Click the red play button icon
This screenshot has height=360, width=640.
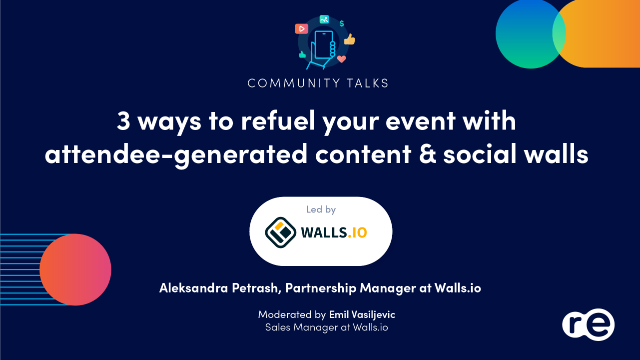coord(301,29)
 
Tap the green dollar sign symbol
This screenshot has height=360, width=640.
coord(342,23)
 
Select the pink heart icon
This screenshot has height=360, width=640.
coord(342,59)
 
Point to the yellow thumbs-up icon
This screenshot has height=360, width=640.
coord(350,39)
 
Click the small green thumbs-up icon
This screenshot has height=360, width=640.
coord(302,54)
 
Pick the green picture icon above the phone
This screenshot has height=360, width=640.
coord(324,19)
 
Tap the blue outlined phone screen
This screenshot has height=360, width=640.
coord(323,44)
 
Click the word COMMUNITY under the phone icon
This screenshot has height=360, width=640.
coord(288,83)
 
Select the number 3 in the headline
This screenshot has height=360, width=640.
coord(123,121)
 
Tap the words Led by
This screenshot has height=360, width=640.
coord(321,209)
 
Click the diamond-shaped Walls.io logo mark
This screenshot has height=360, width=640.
coord(280,232)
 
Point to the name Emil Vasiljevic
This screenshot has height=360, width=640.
coord(362,314)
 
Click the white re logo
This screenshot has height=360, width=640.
coord(588,324)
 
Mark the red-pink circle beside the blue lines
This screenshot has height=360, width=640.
coord(75,269)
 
